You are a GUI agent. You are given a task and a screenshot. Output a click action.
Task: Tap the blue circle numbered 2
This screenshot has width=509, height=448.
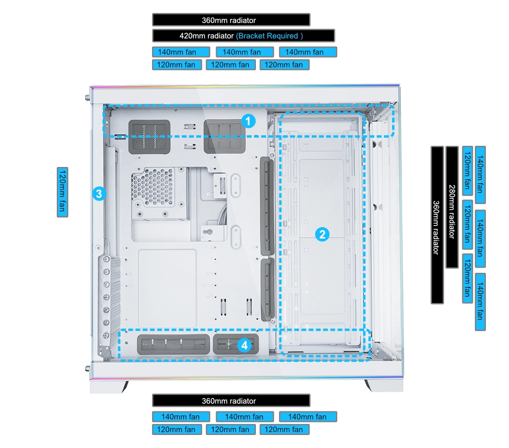tap(322, 234)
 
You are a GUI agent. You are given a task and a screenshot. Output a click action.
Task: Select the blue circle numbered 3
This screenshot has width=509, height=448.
tap(99, 194)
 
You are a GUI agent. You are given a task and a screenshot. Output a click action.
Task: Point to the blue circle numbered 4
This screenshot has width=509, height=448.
tap(244, 345)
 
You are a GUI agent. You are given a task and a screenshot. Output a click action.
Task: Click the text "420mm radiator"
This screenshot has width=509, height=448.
tap(207, 36)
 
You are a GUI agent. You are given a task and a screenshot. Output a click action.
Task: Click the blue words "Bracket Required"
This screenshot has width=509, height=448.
tap(269, 36)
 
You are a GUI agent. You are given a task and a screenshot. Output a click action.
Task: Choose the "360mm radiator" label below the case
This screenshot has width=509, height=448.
tap(229, 401)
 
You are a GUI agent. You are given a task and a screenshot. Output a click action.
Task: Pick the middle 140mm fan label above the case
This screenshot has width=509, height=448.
tap(242, 52)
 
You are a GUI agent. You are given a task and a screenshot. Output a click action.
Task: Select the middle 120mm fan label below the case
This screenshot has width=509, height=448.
tap(230, 429)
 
